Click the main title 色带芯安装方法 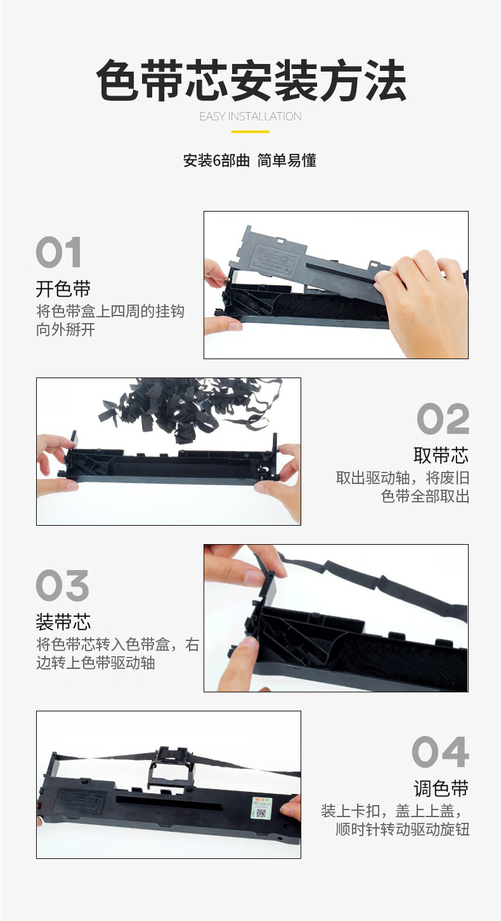tap(251, 80)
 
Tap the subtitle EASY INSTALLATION tap(251, 117)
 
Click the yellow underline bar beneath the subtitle tap(251, 132)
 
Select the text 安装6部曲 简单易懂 tap(250, 160)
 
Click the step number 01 tap(58, 252)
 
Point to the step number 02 tap(443, 419)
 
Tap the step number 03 tap(63, 585)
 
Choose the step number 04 tap(441, 752)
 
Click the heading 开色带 tap(63, 289)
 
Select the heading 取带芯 tap(441, 455)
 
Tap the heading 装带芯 tap(63, 621)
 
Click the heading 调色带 tap(441, 789)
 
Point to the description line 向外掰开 tap(65, 330)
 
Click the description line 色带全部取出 tap(426, 496)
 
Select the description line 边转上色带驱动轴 tap(96, 663)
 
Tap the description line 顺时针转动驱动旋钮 tap(403, 829)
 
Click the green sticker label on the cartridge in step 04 tap(261, 807)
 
